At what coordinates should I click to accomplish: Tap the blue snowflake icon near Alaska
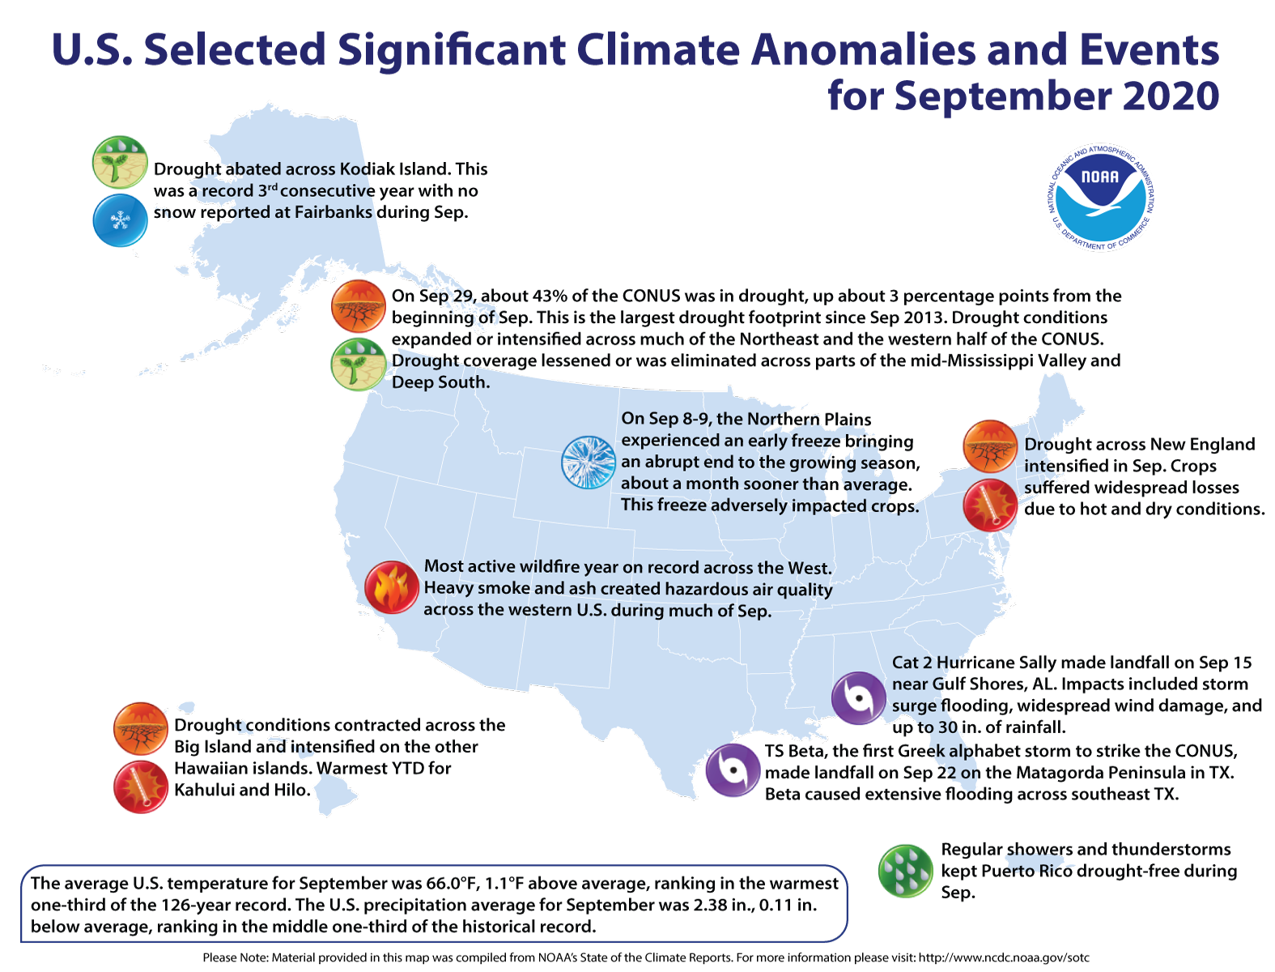[120, 220]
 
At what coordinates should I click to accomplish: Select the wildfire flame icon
[391, 587]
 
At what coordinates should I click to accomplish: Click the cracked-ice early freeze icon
[589, 463]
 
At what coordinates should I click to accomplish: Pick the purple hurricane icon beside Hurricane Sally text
[858, 697]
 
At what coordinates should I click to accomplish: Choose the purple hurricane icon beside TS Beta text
[732, 770]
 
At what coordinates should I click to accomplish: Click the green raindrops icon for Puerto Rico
[905, 871]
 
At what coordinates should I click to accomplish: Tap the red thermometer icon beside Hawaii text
[141, 787]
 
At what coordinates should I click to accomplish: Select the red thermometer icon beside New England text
[989, 505]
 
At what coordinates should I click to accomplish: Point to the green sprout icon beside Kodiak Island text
[120, 162]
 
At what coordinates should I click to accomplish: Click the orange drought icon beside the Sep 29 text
[358, 306]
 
